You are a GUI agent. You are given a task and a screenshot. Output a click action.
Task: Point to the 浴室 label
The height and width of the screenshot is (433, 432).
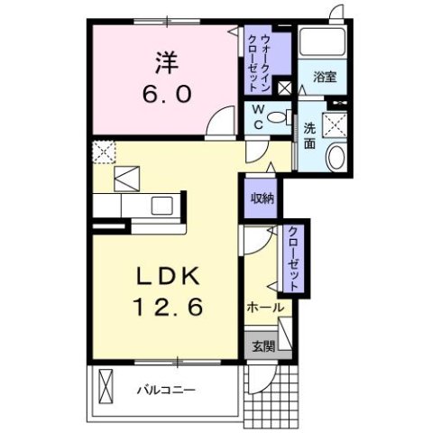pos(326,77)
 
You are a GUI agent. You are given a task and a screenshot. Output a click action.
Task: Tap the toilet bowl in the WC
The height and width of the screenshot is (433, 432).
pos(287,115)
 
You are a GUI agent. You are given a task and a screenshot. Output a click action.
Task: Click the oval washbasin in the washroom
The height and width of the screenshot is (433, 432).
pos(335,159)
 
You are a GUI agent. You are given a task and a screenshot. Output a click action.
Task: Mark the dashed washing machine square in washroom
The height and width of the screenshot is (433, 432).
pos(338,125)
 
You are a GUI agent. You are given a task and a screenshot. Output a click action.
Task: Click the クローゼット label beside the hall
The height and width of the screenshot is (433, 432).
pos(293,257)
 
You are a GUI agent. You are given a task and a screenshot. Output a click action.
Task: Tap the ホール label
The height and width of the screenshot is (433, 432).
pos(265,308)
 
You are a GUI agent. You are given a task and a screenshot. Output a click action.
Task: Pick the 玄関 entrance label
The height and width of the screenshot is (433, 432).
pos(261,345)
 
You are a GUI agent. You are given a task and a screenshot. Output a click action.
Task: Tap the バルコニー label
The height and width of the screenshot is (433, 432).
pos(167,390)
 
